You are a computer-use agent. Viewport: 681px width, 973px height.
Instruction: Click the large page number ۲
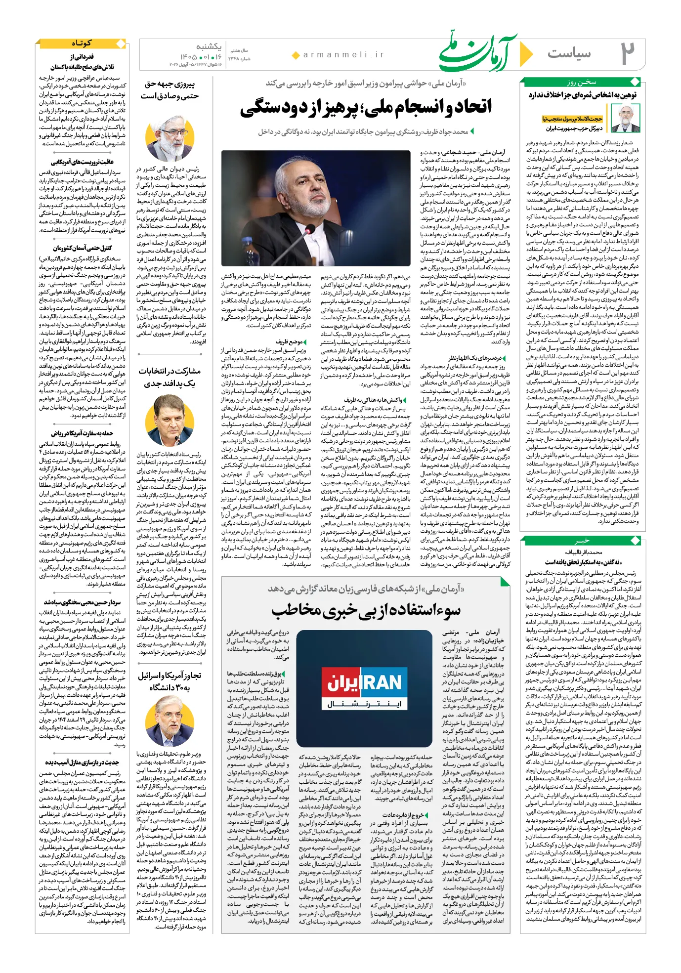pos(627,53)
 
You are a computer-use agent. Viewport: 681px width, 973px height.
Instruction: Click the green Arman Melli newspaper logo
pos(477,51)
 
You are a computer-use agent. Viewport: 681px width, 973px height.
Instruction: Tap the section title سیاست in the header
pos(569,53)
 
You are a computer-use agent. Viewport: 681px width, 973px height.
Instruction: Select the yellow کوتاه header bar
pos(82,43)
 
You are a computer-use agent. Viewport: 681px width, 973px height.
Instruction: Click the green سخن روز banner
pos(582,82)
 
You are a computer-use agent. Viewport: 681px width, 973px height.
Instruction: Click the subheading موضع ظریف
pos(290,341)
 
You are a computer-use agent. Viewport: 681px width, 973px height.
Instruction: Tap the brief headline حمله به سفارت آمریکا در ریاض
pos(82,433)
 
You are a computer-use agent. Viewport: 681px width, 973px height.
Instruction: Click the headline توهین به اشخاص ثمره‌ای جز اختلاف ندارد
pos(582,95)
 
